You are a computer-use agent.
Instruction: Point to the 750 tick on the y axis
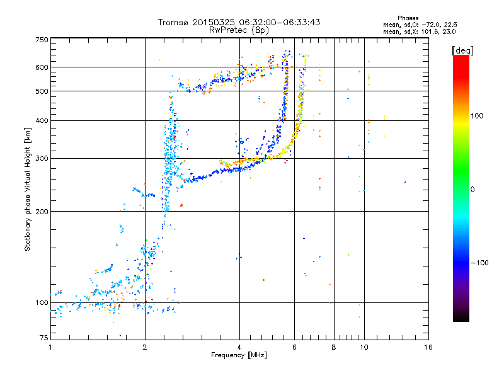point(42,40)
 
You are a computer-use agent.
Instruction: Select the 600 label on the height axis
point(42,67)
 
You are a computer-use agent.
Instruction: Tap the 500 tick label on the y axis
point(42,91)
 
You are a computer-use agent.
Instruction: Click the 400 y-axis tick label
point(42,120)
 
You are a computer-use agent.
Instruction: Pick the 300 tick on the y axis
point(42,158)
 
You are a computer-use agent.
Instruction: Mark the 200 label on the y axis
point(42,212)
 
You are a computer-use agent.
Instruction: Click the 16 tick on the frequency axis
point(428,347)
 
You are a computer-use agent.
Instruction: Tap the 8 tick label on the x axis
point(334,347)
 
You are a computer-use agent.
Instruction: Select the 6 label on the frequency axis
point(295,347)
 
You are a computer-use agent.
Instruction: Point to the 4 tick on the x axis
point(239,347)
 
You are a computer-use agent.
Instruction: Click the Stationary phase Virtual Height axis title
point(28,189)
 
